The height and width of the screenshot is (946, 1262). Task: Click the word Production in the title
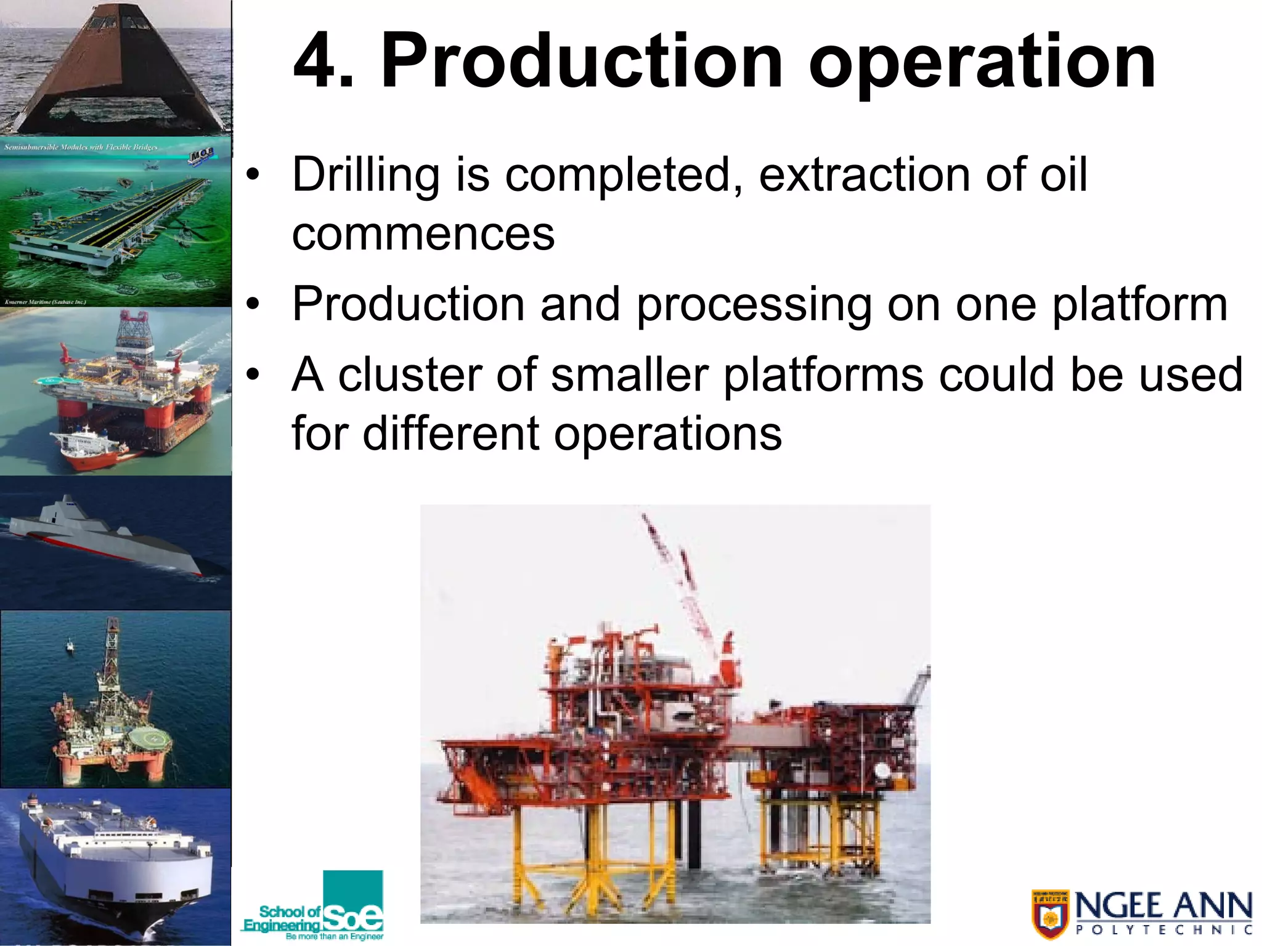(x=582, y=62)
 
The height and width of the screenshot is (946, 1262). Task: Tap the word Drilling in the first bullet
(x=365, y=176)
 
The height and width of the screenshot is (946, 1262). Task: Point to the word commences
(x=423, y=235)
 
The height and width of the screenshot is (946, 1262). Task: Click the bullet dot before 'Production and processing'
(x=253, y=304)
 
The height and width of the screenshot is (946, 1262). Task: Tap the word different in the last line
(x=449, y=434)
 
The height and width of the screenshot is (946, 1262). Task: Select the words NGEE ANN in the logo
(x=1163, y=906)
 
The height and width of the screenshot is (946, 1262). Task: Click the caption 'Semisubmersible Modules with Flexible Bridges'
(x=81, y=147)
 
